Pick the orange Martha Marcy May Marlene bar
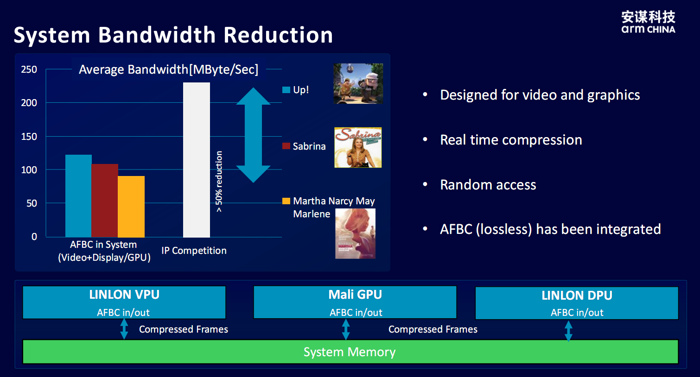[131, 207]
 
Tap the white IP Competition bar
[197, 160]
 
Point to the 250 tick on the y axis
[29, 69]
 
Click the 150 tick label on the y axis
[29, 137]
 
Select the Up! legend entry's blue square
[286, 90]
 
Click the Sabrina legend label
[309, 146]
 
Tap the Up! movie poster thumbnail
[358, 83]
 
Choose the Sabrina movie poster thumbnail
[358, 147]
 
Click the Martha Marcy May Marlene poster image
[355, 233]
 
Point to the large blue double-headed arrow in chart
[253, 135]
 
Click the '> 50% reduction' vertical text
[219, 182]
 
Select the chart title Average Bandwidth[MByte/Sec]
[169, 69]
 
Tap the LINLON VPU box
[124, 302]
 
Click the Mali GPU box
[355, 302]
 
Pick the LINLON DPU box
[577, 303]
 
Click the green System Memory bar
[350, 352]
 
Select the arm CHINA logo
[648, 22]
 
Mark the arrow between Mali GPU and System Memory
[346, 329]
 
